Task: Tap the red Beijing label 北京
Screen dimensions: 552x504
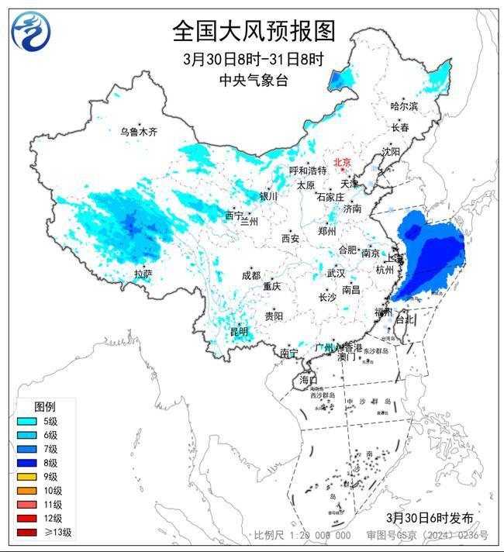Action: pyautogui.click(x=342, y=162)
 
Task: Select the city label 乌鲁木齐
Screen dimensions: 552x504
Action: pyautogui.click(x=138, y=133)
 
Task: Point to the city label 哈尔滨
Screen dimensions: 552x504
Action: pyautogui.click(x=403, y=106)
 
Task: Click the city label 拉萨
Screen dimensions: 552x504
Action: pyautogui.click(x=143, y=274)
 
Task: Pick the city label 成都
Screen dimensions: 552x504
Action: pyautogui.click(x=250, y=275)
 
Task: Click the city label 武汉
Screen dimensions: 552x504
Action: pyautogui.click(x=336, y=274)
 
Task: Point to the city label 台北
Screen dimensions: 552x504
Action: pyautogui.click(x=406, y=319)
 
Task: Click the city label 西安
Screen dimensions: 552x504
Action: pyautogui.click(x=291, y=239)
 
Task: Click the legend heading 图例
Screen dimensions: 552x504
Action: pyautogui.click(x=44, y=406)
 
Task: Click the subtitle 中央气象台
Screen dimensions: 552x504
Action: pyautogui.click(x=253, y=80)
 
